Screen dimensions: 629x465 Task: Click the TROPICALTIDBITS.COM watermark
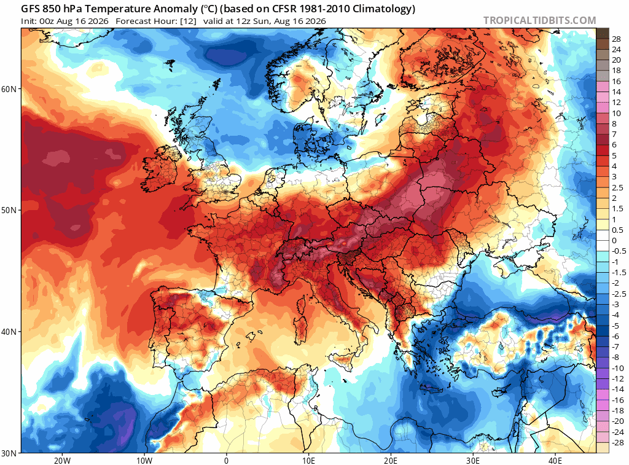[539, 20]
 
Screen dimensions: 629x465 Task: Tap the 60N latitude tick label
[9, 89]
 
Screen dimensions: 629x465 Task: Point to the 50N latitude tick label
[9, 211]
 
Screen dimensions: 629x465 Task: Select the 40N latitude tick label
[9, 332]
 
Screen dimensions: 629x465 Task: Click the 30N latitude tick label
[9, 453]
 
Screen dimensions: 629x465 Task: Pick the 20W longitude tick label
[62, 460]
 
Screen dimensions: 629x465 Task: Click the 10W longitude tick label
[144, 460]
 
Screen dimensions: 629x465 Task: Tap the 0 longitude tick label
[226, 460]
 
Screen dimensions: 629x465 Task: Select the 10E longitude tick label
[308, 460]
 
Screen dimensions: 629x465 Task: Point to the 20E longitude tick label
[391, 460]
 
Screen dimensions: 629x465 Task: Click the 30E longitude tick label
[473, 460]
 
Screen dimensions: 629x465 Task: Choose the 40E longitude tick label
[555, 460]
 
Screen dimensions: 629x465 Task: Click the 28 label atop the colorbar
[616, 39]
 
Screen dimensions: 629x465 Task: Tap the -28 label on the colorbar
[617, 442]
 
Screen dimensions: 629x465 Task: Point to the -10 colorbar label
[617, 369]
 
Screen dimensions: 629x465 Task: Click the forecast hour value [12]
[188, 21]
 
